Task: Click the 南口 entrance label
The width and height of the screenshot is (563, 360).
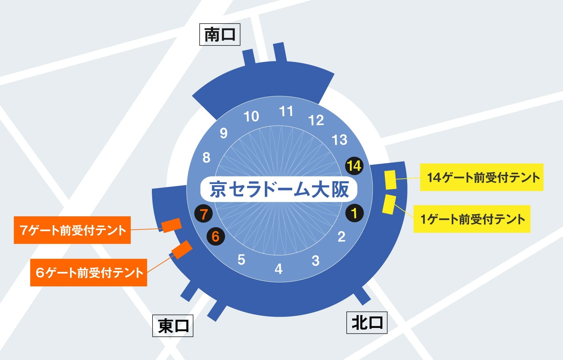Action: [x=220, y=34]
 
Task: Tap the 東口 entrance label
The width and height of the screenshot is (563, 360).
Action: [x=173, y=326]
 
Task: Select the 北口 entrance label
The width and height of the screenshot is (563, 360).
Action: [x=367, y=323]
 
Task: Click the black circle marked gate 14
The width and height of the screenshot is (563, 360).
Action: [x=354, y=166]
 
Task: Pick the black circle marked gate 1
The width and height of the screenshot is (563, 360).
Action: [x=354, y=213]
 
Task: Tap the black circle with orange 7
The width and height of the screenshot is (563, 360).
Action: [x=204, y=214]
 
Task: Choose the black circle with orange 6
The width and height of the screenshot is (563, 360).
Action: [x=215, y=236]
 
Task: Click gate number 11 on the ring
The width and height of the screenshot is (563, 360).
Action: [x=286, y=112]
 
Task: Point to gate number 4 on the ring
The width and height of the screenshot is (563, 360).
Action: [x=279, y=269]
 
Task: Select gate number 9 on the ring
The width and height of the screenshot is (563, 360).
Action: [x=224, y=133]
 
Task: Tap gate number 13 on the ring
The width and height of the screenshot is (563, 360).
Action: [x=339, y=140]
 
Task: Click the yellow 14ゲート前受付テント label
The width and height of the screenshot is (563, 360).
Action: [x=481, y=177]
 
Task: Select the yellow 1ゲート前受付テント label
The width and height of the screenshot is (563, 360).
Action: [x=472, y=219]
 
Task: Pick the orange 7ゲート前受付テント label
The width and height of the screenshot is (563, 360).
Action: [x=72, y=230]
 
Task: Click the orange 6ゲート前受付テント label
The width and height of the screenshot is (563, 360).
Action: [x=88, y=273]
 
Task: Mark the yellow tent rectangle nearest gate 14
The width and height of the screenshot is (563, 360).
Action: [x=390, y=180]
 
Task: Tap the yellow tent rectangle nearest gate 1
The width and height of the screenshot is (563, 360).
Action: [x=389, y=205]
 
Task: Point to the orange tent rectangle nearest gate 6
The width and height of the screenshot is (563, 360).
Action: [x=182, y=249]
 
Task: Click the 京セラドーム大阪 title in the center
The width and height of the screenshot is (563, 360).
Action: [x=279, y=189]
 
